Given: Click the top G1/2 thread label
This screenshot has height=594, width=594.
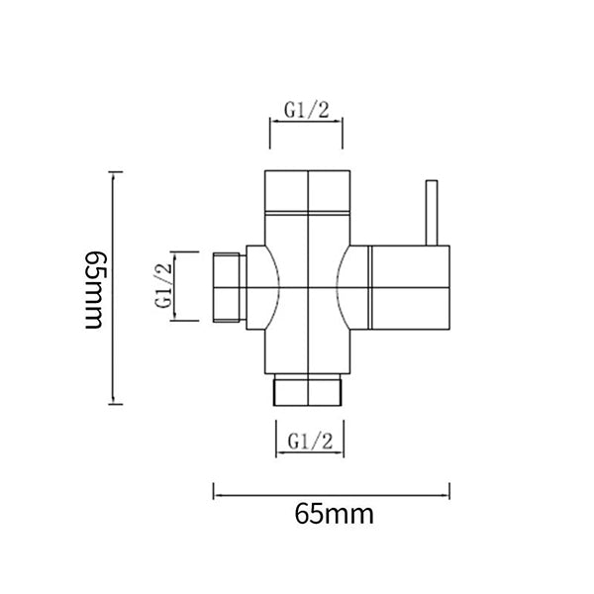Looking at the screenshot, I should pos(307,111).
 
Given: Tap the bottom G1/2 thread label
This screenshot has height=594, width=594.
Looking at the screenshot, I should pos(309,441).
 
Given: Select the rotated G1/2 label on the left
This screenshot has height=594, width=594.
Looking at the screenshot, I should pos(165,285).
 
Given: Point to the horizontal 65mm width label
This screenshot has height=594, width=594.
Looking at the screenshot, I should pos(333,515).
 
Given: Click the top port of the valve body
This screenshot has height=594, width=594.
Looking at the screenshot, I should pos(308,193).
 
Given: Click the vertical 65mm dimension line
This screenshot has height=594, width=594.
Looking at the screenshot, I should pos(118,287).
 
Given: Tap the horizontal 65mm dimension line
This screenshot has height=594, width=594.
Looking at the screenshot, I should pos(332,492).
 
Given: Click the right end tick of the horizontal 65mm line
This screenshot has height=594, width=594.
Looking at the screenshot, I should pos(450,492).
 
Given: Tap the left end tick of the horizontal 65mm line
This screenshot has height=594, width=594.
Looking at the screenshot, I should pos(214,492).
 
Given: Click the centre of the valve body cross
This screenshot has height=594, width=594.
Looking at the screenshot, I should pos(309,287).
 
